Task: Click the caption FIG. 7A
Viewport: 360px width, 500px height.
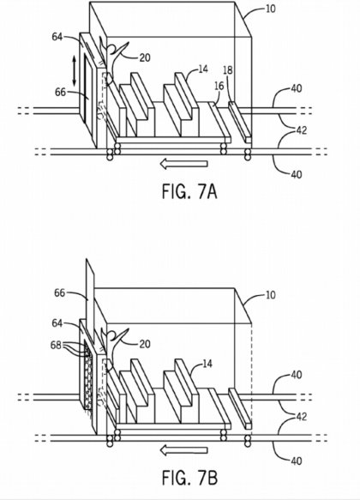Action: click(x=189, y=192)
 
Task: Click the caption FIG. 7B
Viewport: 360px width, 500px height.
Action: click(x=190, y=478)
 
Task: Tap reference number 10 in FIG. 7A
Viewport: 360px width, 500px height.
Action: click(x=270, y=9)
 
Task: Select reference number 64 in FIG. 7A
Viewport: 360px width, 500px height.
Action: click(x=57, y=37)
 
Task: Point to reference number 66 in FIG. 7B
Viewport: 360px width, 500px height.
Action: click(x=60, y=292)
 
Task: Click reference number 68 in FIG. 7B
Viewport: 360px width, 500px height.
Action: click(x=56, y=345)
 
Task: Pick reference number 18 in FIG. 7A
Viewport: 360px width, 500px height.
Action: click(x=228, y=70)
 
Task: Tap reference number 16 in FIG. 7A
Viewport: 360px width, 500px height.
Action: click(x=219, y=86)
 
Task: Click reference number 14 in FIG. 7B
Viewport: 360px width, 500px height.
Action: click(x=207, y=364)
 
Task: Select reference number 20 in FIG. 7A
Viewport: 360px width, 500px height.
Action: click(x=145, y=57)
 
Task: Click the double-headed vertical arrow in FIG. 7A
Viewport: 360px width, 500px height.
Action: click(x=74, y=71)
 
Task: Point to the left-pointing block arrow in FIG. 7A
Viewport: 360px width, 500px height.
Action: click(x=183, y=164)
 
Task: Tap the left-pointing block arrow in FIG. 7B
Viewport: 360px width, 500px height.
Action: click(x=183, y=450)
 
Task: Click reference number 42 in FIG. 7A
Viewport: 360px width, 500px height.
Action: click(x=301, y=130)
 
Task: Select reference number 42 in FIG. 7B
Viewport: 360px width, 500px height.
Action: click(x=301, y=417)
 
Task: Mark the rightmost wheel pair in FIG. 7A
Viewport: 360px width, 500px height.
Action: click(x=248, y=154)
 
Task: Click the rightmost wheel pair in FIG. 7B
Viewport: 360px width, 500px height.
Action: click(x=248, y=441)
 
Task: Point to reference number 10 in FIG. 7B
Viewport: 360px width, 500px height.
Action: click(x=270, y=295)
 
